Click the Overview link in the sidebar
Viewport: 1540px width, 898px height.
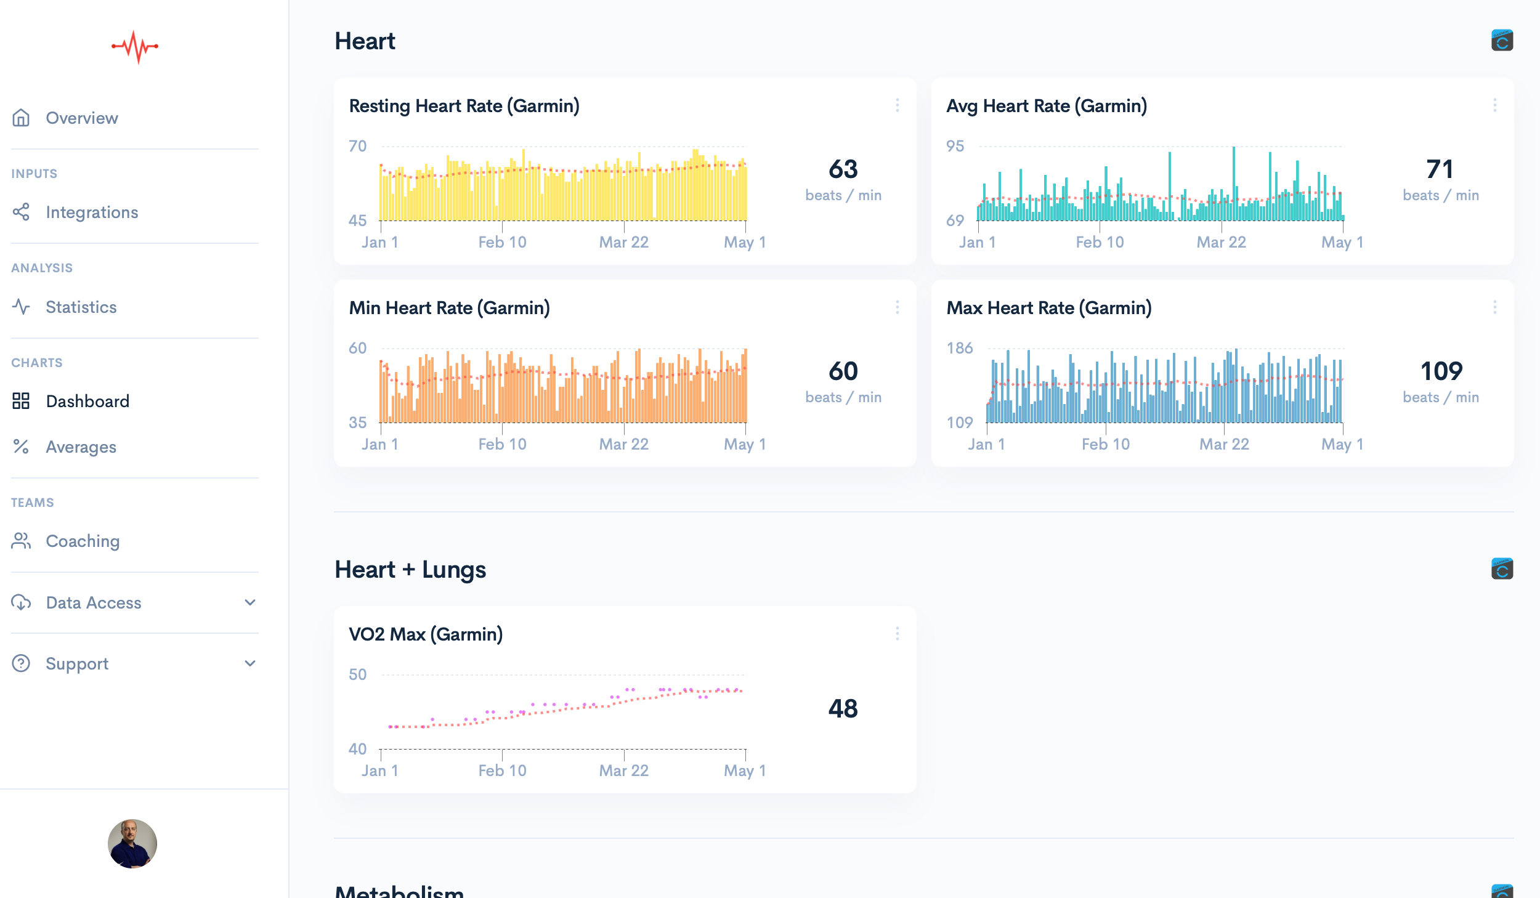[81, 118]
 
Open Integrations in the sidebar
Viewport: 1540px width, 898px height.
[92, 212]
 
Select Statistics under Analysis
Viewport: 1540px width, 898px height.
[81, 307]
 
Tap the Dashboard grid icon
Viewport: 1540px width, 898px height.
[21, 401]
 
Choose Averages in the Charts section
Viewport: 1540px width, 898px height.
[81, 447]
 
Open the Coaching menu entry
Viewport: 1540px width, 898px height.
[83, 541]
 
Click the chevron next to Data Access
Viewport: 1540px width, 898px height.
[250, 602]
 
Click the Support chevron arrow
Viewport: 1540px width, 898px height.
[250, 663]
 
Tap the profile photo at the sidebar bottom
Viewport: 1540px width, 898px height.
[132, 843]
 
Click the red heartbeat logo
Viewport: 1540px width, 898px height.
[135, 47]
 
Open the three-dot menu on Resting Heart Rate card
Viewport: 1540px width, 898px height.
[897, 105]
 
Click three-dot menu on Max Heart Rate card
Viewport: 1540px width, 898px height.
[1494, 307]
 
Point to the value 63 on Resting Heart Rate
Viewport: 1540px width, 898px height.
[843, 169]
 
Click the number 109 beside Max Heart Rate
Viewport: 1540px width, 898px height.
[1441, 371]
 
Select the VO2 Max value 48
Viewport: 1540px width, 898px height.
[843, 708]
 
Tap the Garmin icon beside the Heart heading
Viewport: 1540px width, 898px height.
[1502, 41]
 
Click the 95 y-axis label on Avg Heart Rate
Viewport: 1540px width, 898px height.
[955, 146]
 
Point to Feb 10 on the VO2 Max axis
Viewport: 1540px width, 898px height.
[502, 771]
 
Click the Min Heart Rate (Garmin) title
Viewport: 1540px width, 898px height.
[449, 308]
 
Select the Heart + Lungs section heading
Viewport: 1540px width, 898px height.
[410, 570]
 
